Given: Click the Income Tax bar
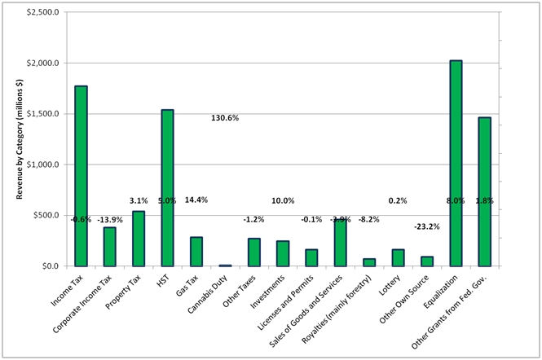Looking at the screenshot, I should tap(81, 175).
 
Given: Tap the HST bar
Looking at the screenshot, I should tap(167, 187).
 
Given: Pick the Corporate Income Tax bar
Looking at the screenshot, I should tap(109, 246).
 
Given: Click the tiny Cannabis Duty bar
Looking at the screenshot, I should tap(225, 265).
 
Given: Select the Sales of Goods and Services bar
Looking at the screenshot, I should tap(340, 242).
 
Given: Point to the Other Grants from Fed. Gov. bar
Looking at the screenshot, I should tap(484, 191).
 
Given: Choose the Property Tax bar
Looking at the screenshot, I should tap(139, 238).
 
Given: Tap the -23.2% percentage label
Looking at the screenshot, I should tap(426, 226).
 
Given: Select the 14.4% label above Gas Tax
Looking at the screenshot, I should tap(196, 200).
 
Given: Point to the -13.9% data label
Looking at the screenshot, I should tap(110, 220).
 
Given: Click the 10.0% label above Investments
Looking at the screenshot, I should tap(283, 200).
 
